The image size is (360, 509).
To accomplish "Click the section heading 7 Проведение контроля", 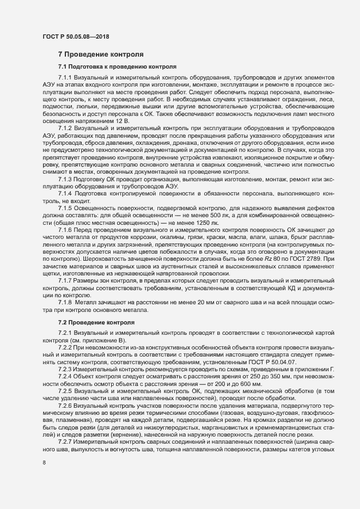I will [x=101, y=54].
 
